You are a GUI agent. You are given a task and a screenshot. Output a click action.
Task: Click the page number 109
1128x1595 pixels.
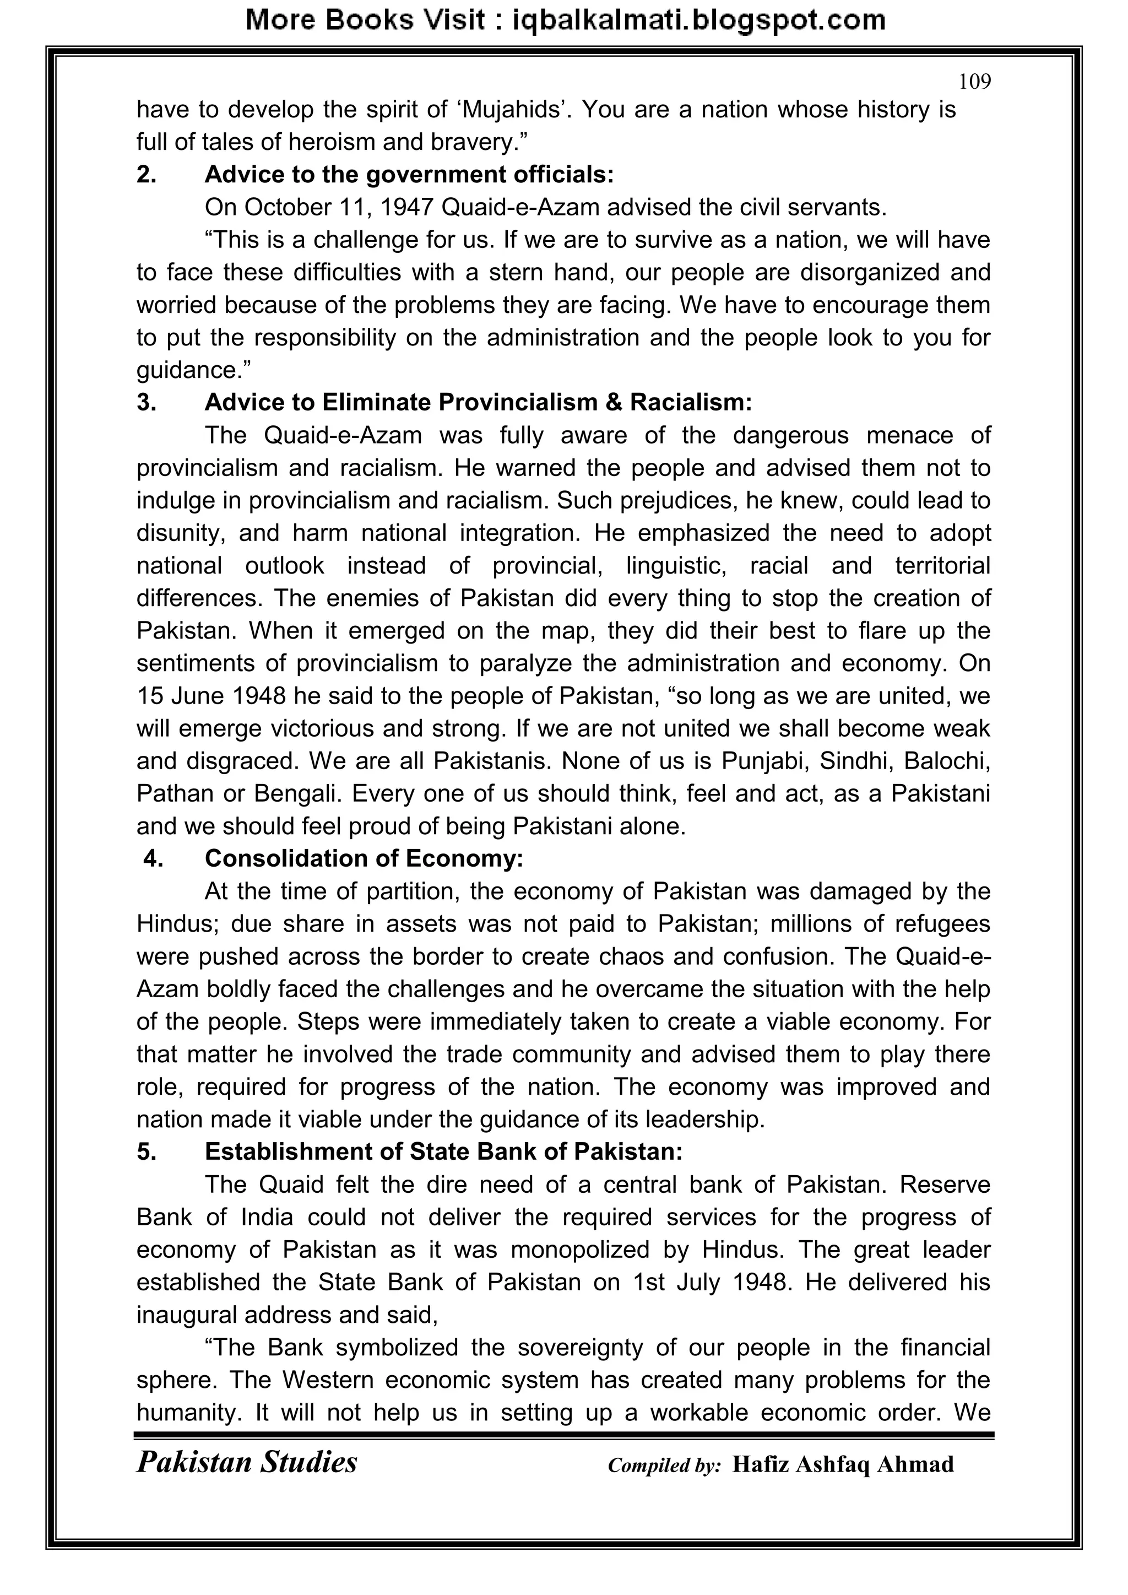pos(974,82)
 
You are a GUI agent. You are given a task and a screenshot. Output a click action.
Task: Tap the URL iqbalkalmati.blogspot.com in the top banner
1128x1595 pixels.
pos(698,20)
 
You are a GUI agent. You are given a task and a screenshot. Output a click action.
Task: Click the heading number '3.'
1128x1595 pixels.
pos(147,403)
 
